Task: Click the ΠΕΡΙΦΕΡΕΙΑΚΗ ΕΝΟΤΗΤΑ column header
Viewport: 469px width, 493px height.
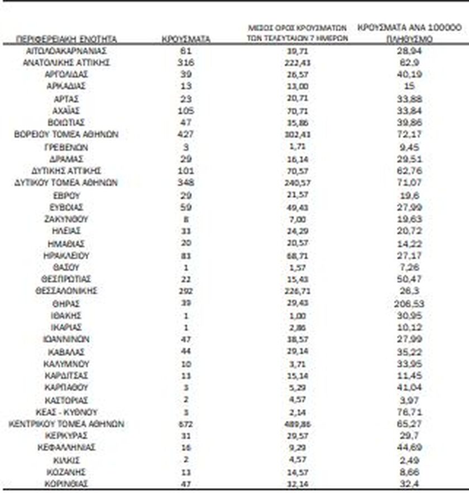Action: tap(67, 40)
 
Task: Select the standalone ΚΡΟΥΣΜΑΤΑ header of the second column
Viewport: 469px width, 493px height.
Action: tap(186, 40)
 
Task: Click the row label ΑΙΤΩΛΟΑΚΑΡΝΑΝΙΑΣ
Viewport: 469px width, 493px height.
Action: tap(66, 51)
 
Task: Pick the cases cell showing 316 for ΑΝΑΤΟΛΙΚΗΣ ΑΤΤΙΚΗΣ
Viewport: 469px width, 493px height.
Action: tap(186, 63)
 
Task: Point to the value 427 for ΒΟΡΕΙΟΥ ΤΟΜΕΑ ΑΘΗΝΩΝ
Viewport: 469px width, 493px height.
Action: tap(186, 135)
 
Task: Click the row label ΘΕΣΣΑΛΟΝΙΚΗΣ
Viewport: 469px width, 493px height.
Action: tap(66, 291)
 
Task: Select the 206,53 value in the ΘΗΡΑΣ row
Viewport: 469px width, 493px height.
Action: tap(410, 303)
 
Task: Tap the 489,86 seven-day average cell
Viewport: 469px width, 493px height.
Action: tap(296, 424)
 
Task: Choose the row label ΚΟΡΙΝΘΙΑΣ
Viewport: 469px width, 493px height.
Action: tap(66, 483)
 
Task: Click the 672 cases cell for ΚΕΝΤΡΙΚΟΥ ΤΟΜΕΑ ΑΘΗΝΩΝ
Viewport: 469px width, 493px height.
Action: tap(186, 424)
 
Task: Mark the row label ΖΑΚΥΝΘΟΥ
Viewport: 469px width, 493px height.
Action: tap(66, 219)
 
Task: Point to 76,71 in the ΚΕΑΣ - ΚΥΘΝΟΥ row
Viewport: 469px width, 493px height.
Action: tap(410, 412)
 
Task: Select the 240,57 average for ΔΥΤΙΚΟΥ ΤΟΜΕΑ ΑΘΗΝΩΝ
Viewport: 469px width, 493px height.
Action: tap(296, 183)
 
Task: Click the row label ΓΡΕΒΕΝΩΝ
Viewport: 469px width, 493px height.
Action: tap(66, 147)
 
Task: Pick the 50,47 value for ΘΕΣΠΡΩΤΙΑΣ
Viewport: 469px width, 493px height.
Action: tap(410, 279)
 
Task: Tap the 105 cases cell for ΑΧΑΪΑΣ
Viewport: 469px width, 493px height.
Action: tap(186, 111)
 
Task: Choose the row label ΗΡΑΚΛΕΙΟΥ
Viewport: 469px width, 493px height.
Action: tap(66, 255)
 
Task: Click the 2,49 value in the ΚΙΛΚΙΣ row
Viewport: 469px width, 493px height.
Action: tap(410, 459)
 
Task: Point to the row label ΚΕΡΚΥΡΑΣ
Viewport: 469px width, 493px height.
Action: tap(66, 435)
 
